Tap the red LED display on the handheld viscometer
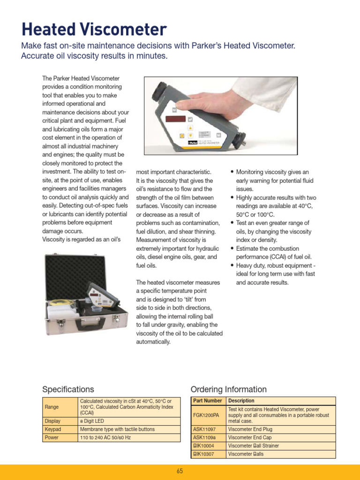point(176,119)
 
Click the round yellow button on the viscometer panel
point(181,136)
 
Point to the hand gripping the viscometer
point(220,100)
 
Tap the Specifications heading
point(68,390)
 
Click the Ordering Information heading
point(228,390)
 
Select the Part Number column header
point(208,401)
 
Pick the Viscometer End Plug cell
point(250,429)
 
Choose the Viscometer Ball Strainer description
point(253,446)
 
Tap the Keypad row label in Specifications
point(52,429)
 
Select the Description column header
point(241,401)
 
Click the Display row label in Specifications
point(52,421)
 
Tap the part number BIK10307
point(203,454)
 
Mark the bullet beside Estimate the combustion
point(232,249)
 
